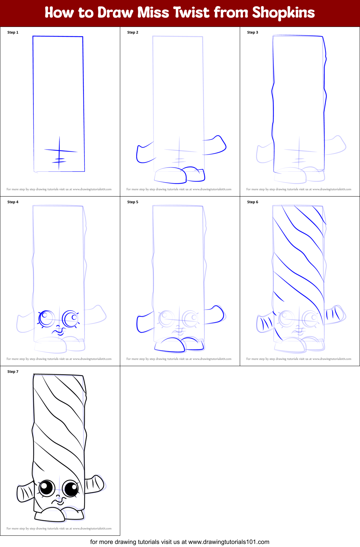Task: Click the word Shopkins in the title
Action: [283, 13]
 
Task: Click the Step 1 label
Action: [13, 32]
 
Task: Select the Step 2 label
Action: [133, 32]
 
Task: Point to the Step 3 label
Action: [253, 32]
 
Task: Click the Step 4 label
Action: [13, 202]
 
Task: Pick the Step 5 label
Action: [133, 202]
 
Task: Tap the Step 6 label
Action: [253, 202]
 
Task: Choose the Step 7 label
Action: [13, 372]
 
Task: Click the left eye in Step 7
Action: [47, 488]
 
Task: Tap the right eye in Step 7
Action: [71, 489]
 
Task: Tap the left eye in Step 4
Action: [46, 318]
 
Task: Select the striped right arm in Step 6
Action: [334, 314]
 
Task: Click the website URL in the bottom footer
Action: [229, 542]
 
